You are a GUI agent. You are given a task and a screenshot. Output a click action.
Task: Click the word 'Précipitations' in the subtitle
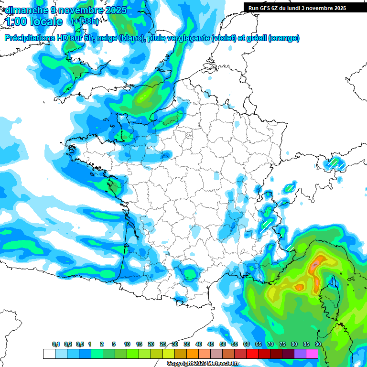[x=29, y=38]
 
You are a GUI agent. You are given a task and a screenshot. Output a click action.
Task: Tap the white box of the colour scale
[x=49, y=354]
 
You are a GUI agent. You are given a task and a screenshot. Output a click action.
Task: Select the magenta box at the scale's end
[x=312, y=354]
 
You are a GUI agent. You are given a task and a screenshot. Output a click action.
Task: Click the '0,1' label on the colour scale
[x=55, y=345]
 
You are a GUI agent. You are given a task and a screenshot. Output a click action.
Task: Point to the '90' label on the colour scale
[x=318, y=345]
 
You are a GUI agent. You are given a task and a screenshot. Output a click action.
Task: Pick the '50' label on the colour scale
[x=222, y=345]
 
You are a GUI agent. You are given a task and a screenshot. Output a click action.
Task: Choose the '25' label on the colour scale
[x=162, y=345]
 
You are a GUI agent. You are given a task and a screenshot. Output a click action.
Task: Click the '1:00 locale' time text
[x=34, y=22]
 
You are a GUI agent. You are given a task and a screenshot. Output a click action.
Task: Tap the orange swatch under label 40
[x=192, y=354]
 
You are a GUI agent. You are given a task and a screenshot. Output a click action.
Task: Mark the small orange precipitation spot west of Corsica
[x=300, y=287]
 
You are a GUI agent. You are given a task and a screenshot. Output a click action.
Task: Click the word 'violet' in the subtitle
[x=224, y=38]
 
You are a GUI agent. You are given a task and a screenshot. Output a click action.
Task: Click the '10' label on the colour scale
[x=127, y=345]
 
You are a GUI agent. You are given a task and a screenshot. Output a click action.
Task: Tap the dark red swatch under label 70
[x=264, y=354]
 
